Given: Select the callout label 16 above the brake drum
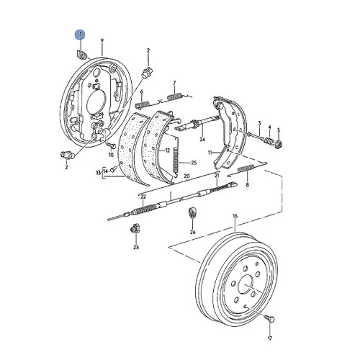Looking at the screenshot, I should (235, 215).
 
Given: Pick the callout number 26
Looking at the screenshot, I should (192, 232).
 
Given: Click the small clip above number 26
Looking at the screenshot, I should (192, 213).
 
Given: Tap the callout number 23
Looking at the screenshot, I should (135, 247).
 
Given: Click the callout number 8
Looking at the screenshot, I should (248, 185).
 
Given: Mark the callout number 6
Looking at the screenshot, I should (143, 93).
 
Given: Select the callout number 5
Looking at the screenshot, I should (280, 130).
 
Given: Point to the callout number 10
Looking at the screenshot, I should (111, 154).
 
